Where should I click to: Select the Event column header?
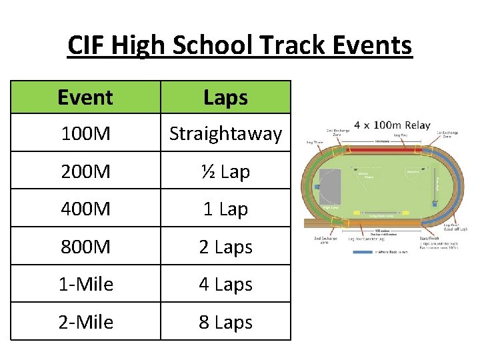[85, 97]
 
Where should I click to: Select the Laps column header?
[225, 97]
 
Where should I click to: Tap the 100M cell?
[85, 133]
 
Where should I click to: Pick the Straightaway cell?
[225, 133]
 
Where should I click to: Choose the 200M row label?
[85, 171]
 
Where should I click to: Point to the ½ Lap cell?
[225, 171]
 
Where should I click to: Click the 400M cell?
[85, 209]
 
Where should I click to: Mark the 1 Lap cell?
[225, 209]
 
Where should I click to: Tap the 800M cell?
[85, 247]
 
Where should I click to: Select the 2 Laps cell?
[225, 247]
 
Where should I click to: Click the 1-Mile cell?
[85, 284]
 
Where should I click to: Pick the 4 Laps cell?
[225, 284]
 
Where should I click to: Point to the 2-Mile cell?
[85, 322]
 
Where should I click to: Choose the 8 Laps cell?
[225, 322]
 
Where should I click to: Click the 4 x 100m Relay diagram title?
[392, 125]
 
